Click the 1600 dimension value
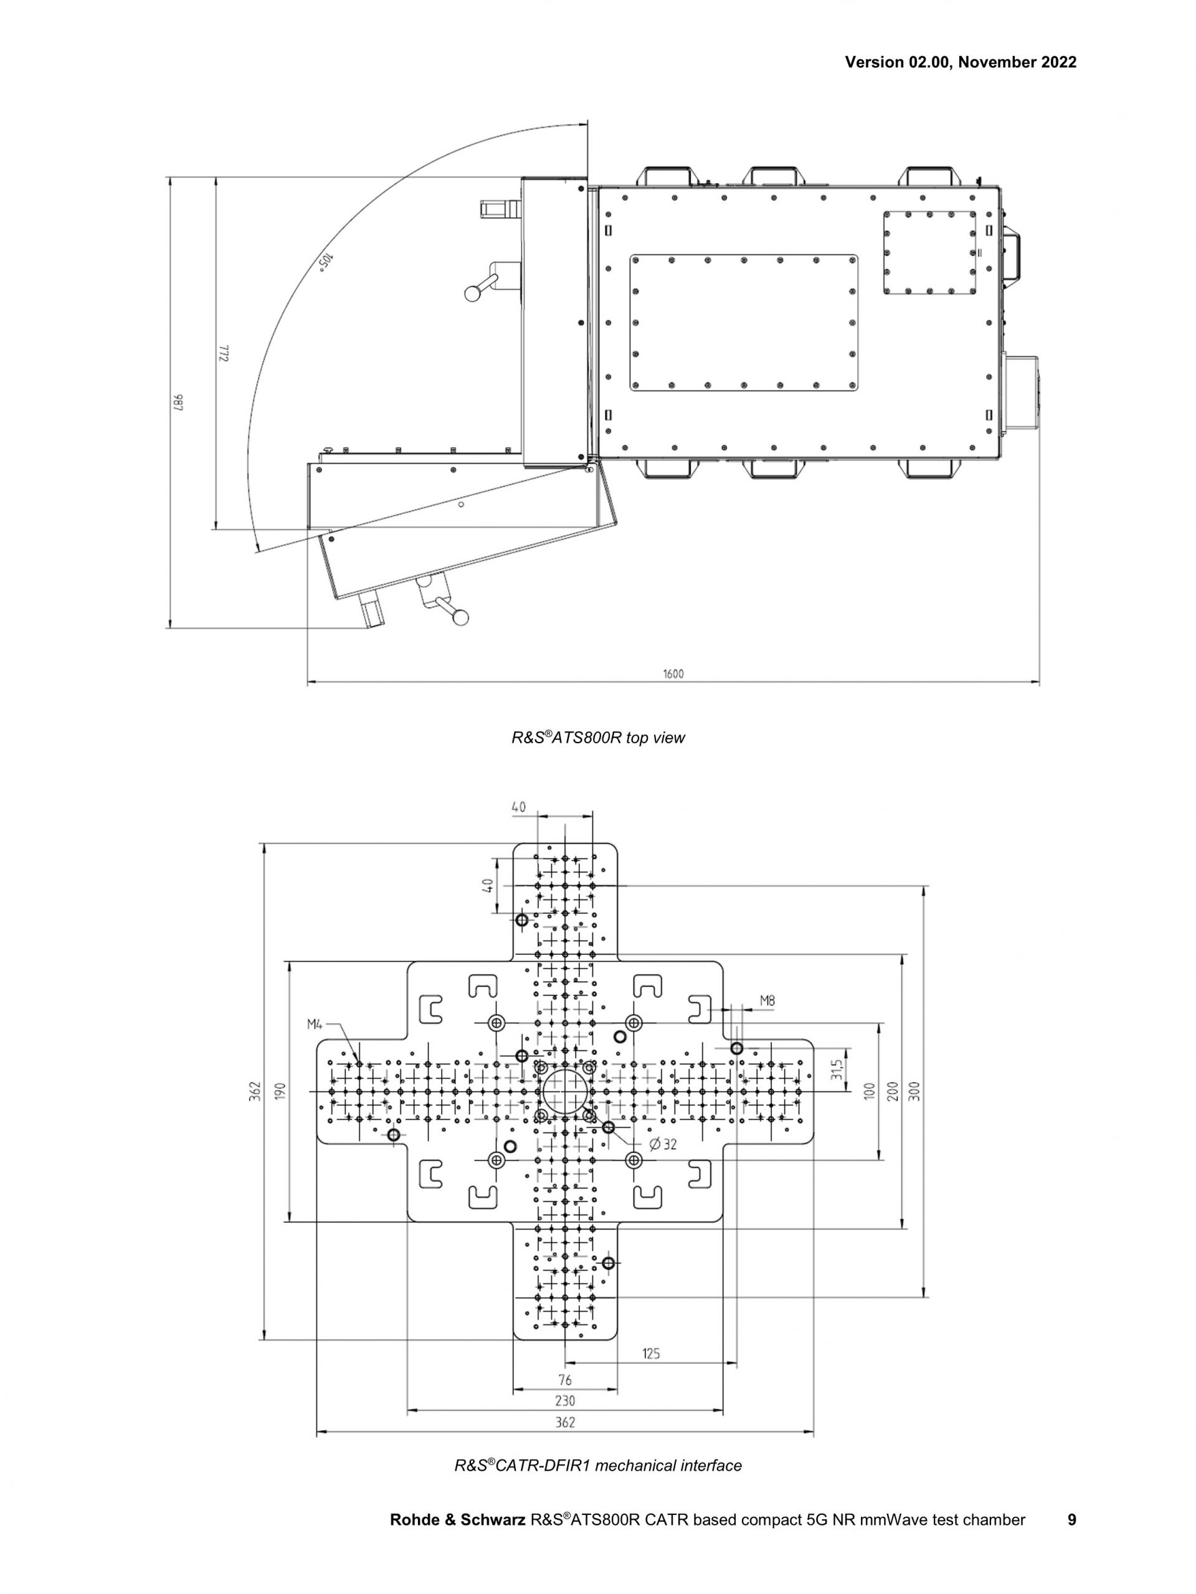pyautogui.click(x=673, y=675)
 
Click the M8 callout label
pyautogui.click(x=767, y=1000)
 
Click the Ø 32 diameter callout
pyautogui.click(x=663, y=1144)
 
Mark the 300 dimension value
pyautogui.click(x=914, y=1092)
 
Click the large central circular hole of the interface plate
pyautogui.click(x=565, y=1092)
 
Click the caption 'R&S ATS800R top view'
pyautogui.click(x=598, y=738)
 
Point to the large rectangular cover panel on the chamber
pyautogui.click(x=744, y=322)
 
